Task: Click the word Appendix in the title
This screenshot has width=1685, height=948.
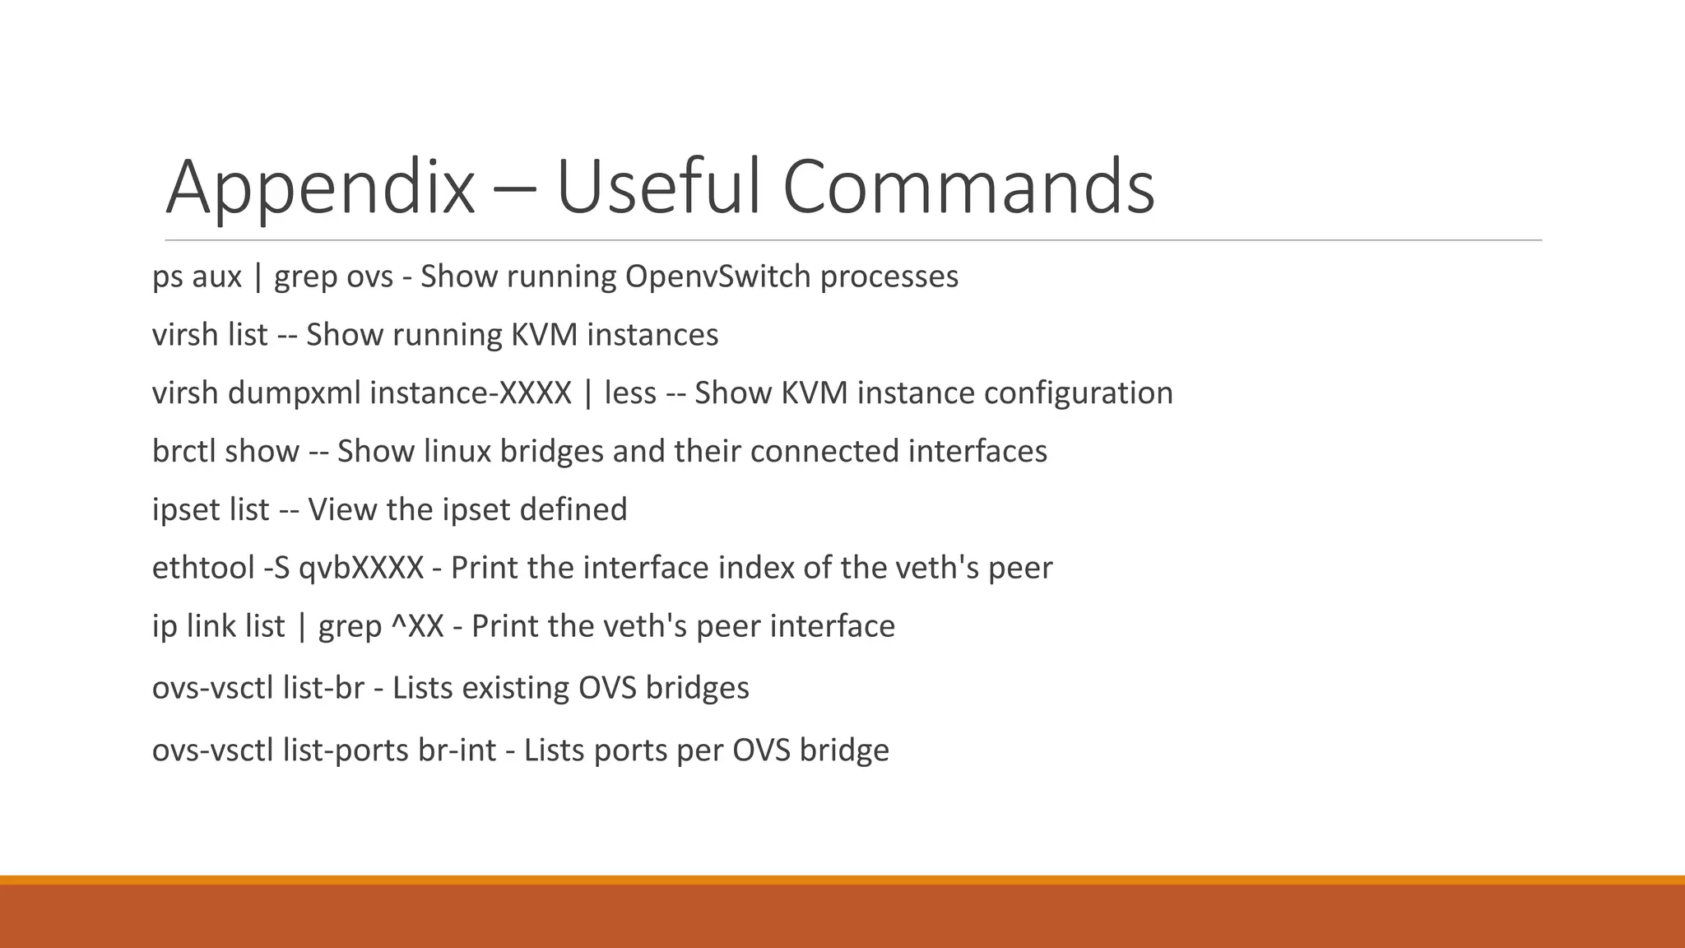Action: click(320, 188)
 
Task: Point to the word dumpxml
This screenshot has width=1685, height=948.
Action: click(294, 393)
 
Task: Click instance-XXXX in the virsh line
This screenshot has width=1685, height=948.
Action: click(470, 393)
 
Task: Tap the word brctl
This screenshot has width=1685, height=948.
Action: click(183, 452)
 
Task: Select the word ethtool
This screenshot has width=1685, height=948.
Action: click(203, 569)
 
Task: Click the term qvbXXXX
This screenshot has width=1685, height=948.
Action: click(361, 569)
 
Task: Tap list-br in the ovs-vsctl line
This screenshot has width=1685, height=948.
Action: click(323, 688)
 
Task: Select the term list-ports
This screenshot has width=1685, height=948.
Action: click(346, 750)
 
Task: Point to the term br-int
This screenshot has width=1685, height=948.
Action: click(457, 750)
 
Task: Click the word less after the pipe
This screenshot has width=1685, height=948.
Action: click(630, 393)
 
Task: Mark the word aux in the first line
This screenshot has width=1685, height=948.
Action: click(216, 276)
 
